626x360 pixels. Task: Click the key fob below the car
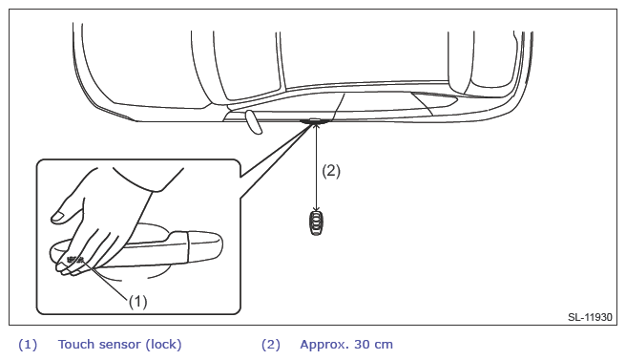pyautogui.click(x=316, y=222)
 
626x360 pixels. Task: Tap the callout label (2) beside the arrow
pyautogui.click(x=331, y=171)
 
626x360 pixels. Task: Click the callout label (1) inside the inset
pyautogui.click(x=137, y=301)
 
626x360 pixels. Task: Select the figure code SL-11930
pyautogui.click(x=590, y=317)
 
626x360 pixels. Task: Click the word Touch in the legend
pyautogui.click(x=76, y=344)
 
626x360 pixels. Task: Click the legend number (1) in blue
pyautogui.click(x=28, y=345)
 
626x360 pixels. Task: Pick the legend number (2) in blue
pyautogui.click(x=271, y=345)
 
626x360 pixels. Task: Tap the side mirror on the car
pyautogui.click(x=254, y=122)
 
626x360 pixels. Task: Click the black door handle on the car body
pyautogui.click(x=316, y=120)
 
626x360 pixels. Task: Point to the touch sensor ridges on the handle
pyautogui.click(x=75, y=260)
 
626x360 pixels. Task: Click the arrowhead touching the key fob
pyautogui.click(x=316, y=208)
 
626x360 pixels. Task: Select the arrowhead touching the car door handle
pyautogui.click(x=316, y=127)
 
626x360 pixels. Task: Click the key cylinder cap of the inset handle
pyautogui.click(x=205, y=247)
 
